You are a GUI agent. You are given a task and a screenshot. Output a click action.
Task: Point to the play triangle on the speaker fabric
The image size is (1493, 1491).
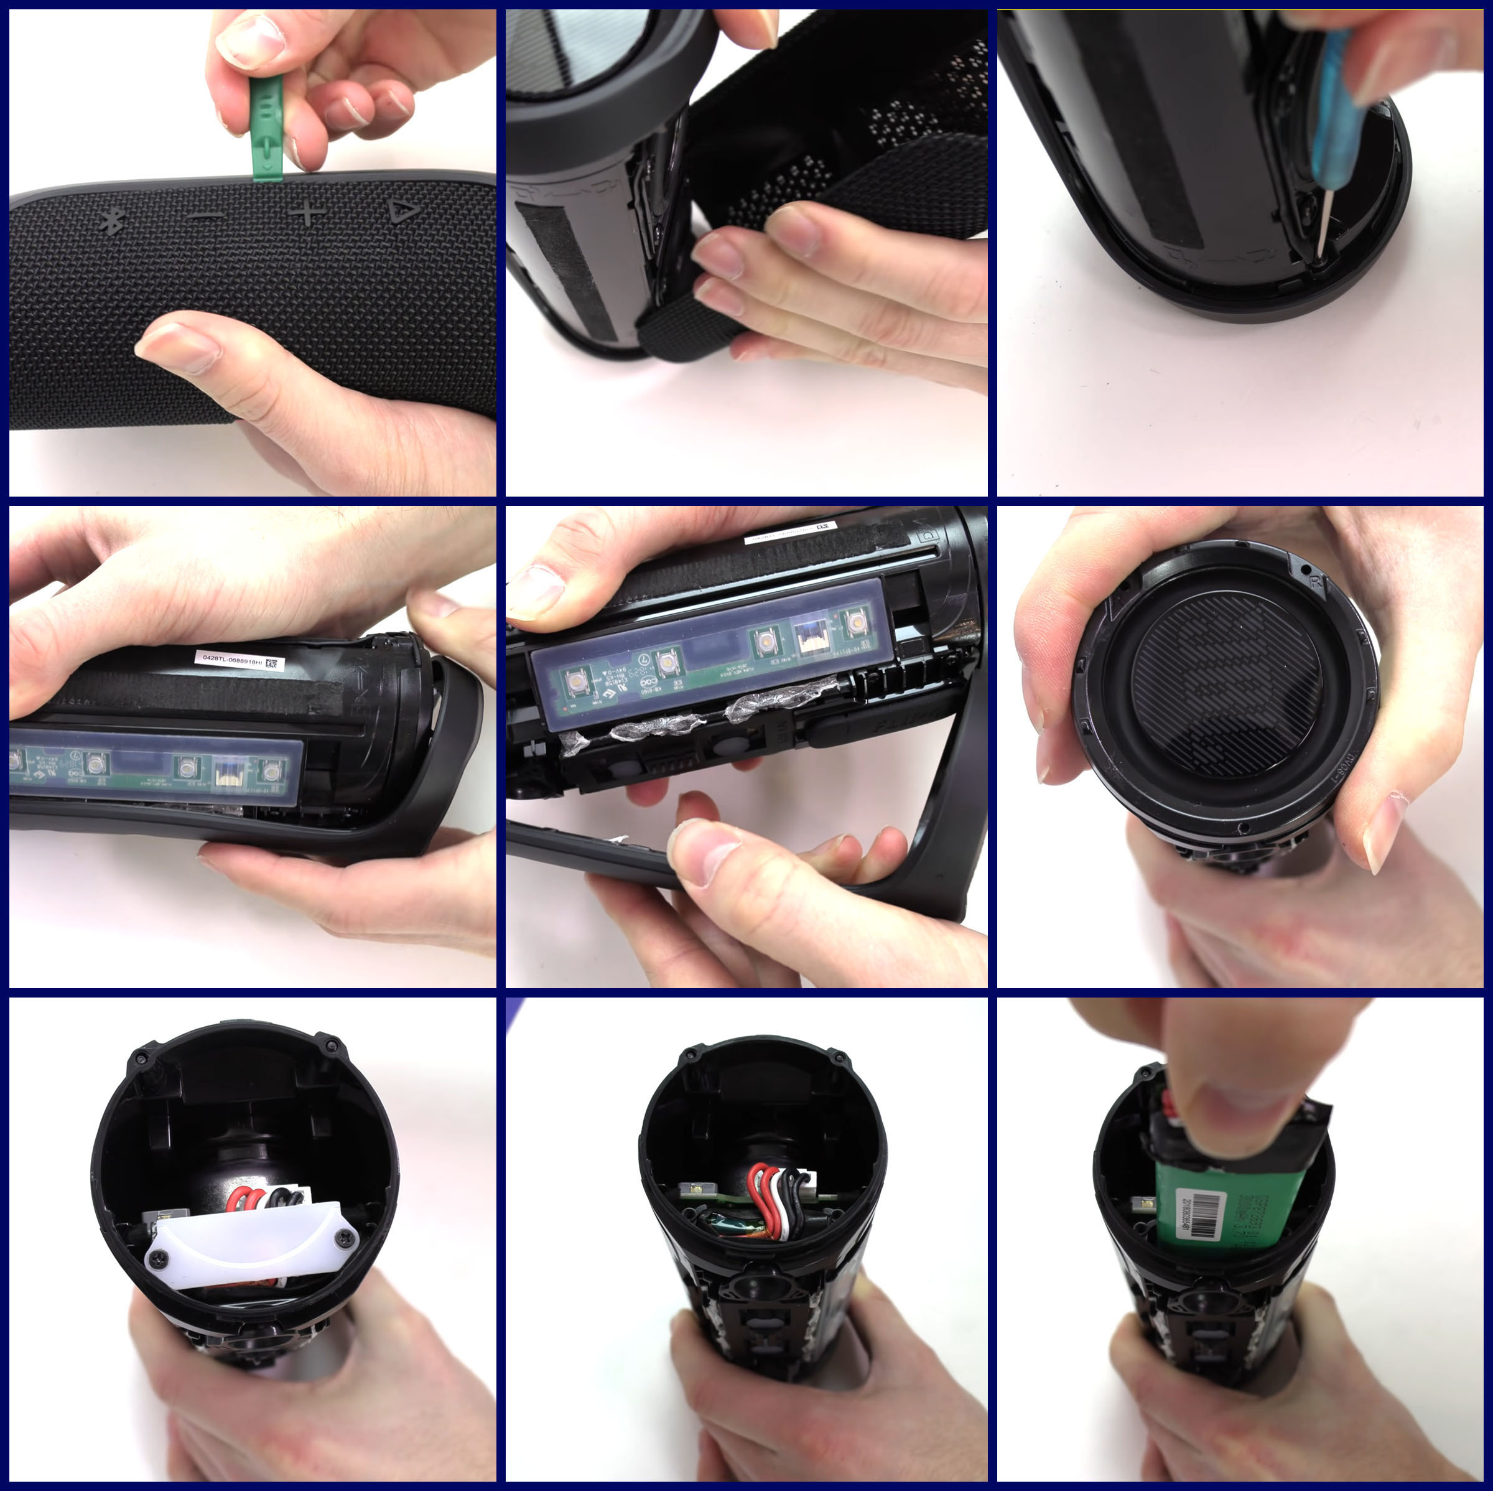(402, 210)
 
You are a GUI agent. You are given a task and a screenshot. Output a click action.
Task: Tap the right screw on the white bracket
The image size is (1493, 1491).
(341, 1240)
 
